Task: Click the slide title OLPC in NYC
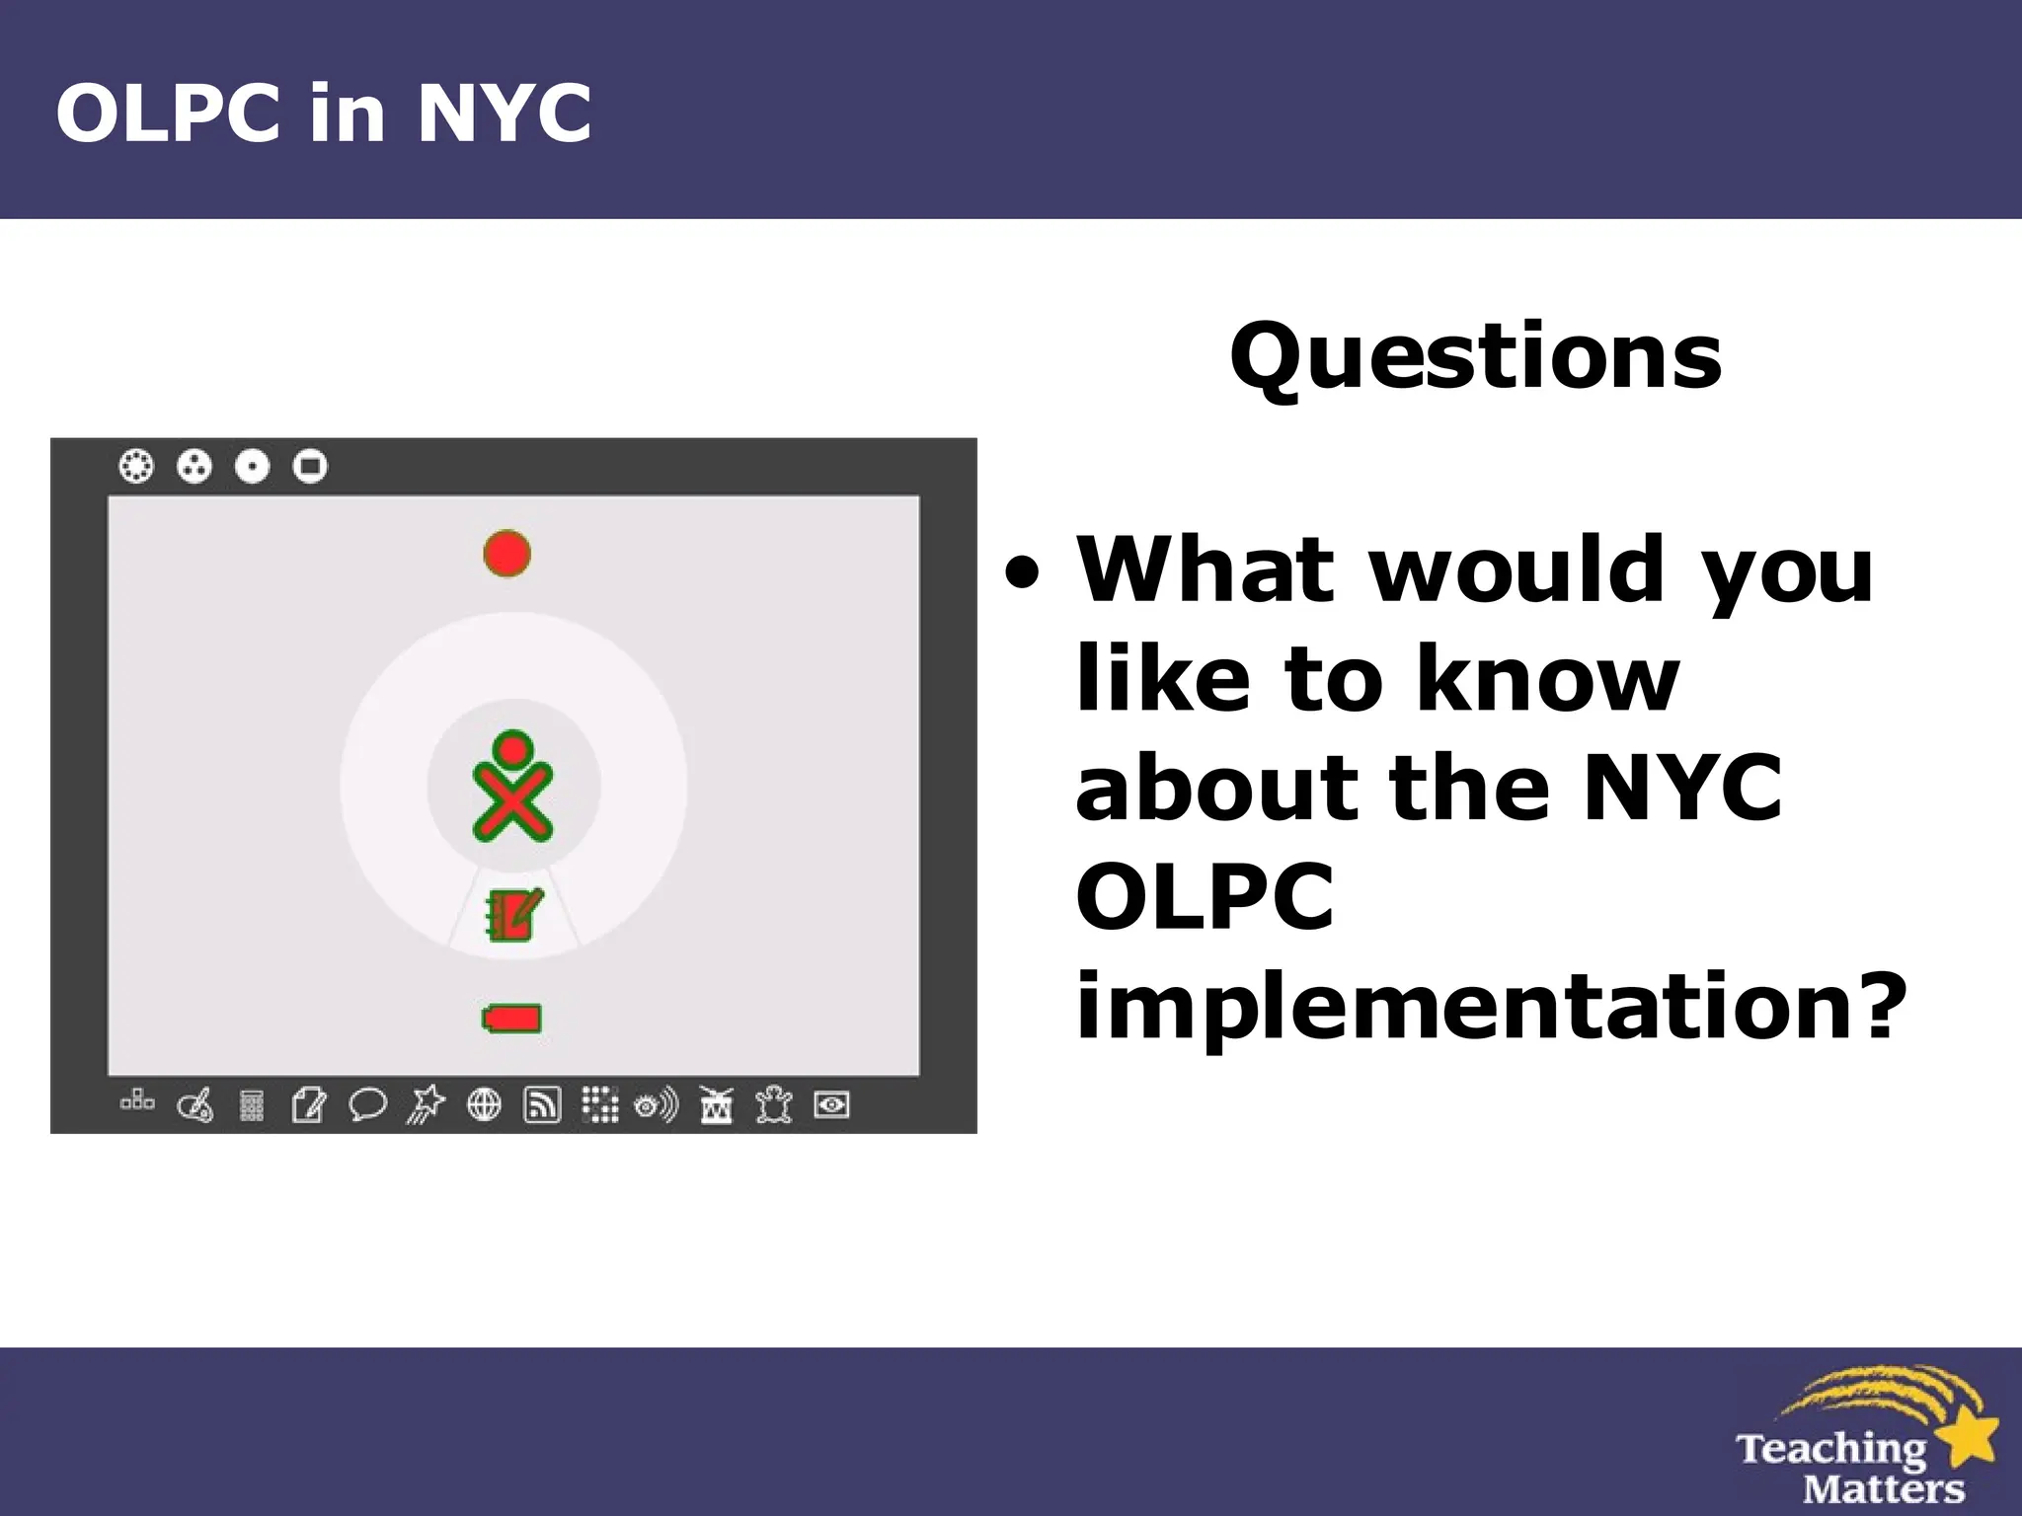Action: pyautogui.click(x=324, y=113)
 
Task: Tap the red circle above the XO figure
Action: pyautogui.click(x=507, y=554)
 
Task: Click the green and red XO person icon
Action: pyautogui.click(x=512, y=787)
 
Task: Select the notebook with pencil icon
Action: pyautogui.click(x=513, y=915)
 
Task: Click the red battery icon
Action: pyautogui.click(x=511, y=1019)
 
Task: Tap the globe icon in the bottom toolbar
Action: pyautogui.click(x=484, y=1104)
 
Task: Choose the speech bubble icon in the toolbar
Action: pyautogui.click(x=367, y=1104)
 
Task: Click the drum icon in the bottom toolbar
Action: pyautogui.click(x=716, y=1104)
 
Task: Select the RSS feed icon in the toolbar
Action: pyautogui.click(x=541, y=1104)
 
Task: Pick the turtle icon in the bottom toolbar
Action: pyautogui.click(x=774, y=1104)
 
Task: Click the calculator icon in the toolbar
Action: pyautogui.click(x=252, y=1105)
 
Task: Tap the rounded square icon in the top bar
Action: pyautogui.click(x=310, y=466)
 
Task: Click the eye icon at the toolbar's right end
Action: pyautogui.click(x=831, y=1104)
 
